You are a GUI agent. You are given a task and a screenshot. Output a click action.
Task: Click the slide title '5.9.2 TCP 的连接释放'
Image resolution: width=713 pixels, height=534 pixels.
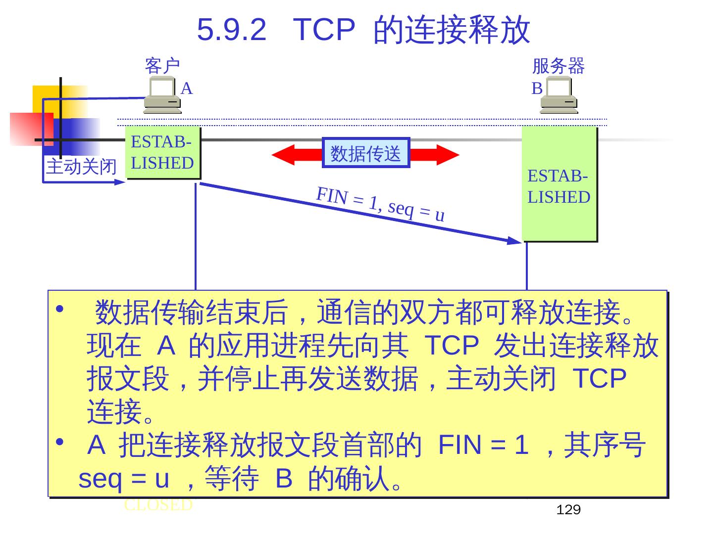(x=363, y=30)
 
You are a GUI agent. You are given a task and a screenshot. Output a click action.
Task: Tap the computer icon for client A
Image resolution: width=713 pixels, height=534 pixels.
(x=162, y=95)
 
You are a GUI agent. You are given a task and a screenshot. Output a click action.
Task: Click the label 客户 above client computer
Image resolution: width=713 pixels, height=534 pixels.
(x=162, y=66)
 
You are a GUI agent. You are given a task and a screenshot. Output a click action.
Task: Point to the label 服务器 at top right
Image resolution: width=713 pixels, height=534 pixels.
(x=558, y=66)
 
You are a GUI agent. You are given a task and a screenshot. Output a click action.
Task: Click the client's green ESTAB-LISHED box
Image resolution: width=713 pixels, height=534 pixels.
(x=162, y=152)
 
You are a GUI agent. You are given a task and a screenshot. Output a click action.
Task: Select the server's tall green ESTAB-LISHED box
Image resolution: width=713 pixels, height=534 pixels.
(x=559, y=184)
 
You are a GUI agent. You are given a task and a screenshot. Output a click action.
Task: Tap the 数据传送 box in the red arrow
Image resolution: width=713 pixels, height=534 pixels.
(x=366, y=153)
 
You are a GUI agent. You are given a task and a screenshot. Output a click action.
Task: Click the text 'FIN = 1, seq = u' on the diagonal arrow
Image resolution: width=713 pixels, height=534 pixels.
(x=380, y=204)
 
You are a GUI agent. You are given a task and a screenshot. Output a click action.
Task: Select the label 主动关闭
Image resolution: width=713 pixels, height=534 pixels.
(x=81, y=167)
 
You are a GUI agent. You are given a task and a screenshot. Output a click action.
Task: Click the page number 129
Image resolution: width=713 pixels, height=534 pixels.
(x=568, y=510)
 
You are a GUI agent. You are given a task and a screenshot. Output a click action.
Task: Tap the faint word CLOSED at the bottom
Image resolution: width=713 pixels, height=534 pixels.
(x=158, y=505)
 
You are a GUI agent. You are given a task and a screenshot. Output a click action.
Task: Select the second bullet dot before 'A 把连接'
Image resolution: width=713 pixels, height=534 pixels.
(x=59, y=441)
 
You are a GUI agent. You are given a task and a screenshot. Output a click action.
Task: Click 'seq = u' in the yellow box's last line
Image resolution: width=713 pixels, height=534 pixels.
(x=124, y=479)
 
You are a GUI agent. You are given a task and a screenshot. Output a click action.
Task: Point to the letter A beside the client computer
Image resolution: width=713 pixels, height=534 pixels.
(x=186, y=89)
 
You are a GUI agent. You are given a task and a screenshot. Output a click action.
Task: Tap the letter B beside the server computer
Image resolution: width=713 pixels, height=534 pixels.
(x=537, y=89)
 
